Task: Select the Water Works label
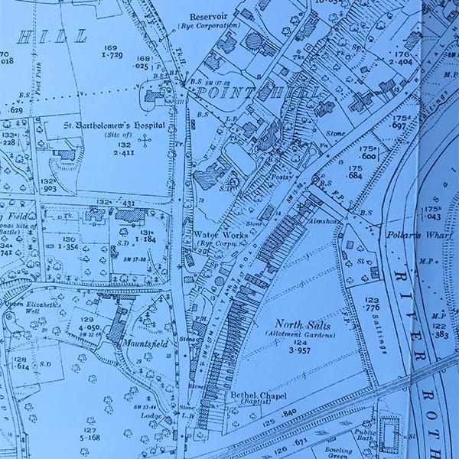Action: point(221,234)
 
